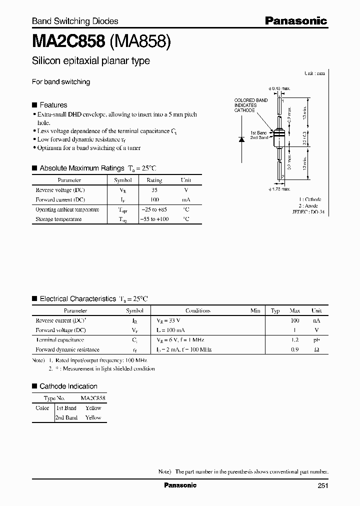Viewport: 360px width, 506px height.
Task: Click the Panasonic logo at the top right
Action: coord(295,20)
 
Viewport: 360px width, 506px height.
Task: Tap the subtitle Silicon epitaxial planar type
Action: coord(90,61)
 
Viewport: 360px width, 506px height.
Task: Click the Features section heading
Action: coord(53,105)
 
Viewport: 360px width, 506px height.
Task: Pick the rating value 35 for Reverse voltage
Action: coord(154,190)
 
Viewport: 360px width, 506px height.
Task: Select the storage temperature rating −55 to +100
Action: coord(154,219)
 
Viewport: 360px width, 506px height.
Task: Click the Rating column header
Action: coord(154,180)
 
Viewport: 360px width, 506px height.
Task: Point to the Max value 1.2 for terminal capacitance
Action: coord(295,340)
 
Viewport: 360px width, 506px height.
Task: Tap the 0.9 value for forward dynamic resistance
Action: coord(295,349)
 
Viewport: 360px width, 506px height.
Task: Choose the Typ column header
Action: coord(275,310)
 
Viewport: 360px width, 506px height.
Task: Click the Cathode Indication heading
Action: coord(68,386)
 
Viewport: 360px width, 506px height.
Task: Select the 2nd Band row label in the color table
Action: coord(66,417)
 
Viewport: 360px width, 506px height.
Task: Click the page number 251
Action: coord(323,485)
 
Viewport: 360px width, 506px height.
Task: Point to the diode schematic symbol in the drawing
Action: coord(241,139)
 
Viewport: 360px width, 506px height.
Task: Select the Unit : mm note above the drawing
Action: coord(314,73)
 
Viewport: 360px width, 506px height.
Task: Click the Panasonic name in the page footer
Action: coord(180,485)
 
